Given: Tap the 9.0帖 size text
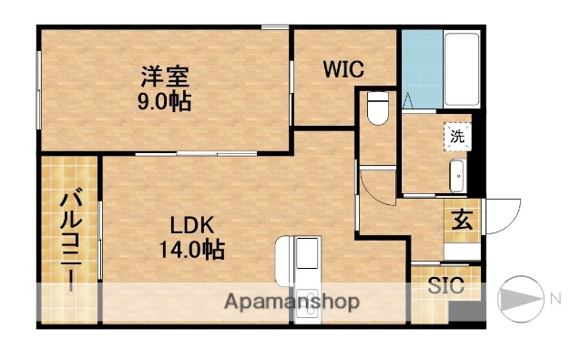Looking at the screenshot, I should click(165, 102).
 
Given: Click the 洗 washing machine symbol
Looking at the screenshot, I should click(457, 136).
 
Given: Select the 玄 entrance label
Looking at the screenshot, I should click(462, 221).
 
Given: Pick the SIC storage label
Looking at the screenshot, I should click(446, 285).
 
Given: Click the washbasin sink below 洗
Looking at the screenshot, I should click(457, 175).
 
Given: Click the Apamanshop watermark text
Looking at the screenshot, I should click(291, 301).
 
